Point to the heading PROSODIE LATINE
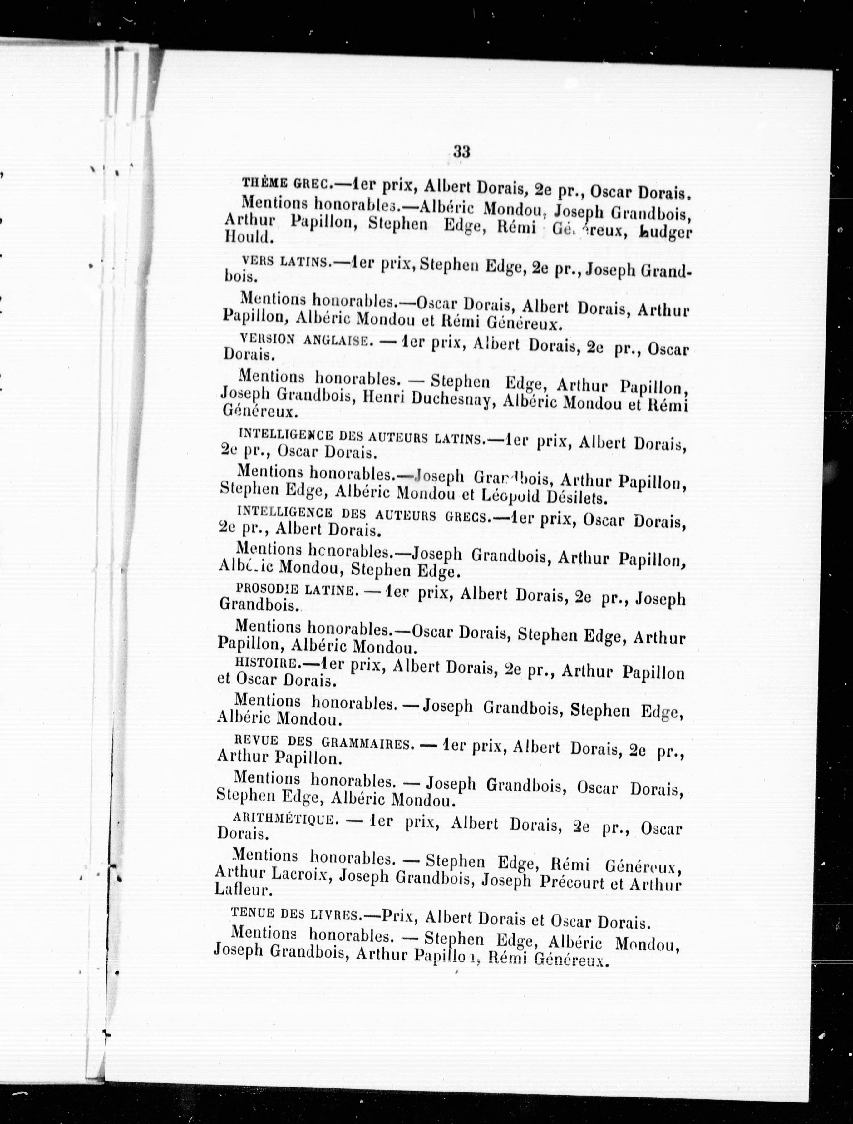point(295,589)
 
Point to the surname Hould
point(248,236)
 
